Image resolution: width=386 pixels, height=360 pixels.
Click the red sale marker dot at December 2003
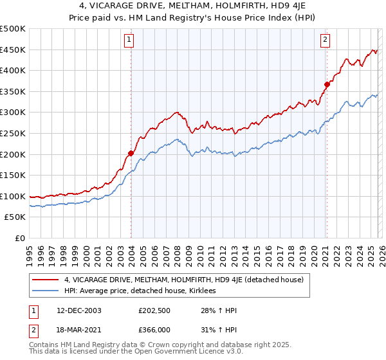point(131,153)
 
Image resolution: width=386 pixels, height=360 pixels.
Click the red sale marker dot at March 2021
point(327,84)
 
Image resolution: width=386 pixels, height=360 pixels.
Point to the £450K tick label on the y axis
point(13,50)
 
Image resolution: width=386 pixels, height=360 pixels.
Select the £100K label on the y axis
point(13,197)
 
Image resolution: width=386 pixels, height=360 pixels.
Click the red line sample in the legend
point(46,280)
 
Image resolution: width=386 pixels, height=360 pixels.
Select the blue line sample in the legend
point(46,291)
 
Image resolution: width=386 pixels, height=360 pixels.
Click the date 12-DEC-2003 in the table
point(78,310)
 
